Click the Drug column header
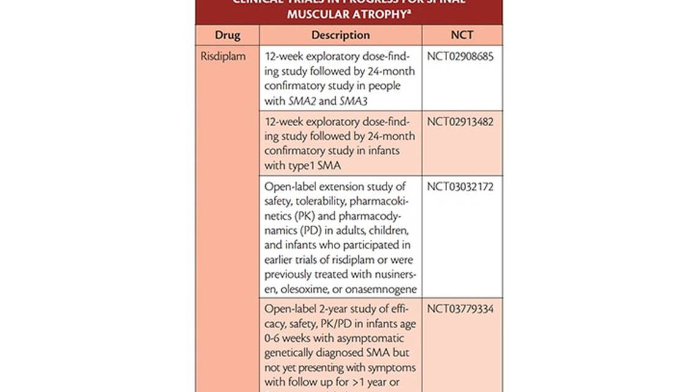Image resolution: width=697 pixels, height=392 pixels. (227, 36)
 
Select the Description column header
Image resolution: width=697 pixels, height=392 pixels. (341, 36)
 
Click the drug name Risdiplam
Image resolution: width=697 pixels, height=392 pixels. (223, 56)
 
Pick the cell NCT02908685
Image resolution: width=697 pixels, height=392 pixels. (460, 56)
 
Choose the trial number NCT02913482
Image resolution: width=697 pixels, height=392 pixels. (460, 121)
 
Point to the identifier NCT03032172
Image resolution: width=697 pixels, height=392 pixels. (460, 186)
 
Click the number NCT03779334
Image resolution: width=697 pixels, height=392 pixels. (460, 308)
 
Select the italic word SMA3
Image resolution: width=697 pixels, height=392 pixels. (353, 102)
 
